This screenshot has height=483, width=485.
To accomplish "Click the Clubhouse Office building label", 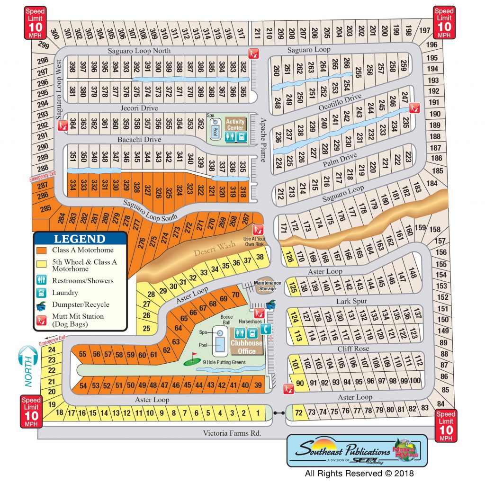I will (x=246, y=347).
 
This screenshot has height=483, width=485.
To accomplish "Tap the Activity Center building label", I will (x=235, y=125).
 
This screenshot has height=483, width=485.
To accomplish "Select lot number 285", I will (x=45, y=208).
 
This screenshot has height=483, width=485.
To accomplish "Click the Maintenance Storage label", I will (x=267, y=286).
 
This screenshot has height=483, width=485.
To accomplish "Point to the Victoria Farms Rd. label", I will (x=232, y=433).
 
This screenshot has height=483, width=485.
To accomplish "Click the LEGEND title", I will (x=80, y=239).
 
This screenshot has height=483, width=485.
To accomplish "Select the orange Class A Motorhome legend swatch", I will (x=43, y=250).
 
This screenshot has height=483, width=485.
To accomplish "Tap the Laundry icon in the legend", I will (x=43, y=293).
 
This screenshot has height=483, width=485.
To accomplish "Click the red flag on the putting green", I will (x=193, y=355).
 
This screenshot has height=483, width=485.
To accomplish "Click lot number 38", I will (x=260, y=257).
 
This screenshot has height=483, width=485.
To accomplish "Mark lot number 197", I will (x=424, y=31).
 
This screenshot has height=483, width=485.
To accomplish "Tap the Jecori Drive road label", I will (x=139, y=108).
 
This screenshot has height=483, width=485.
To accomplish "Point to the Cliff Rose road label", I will (x=353, y=349).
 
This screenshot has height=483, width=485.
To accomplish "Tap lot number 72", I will (x=298, y=412).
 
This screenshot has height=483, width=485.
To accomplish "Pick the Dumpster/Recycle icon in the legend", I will (x=43, y=304).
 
